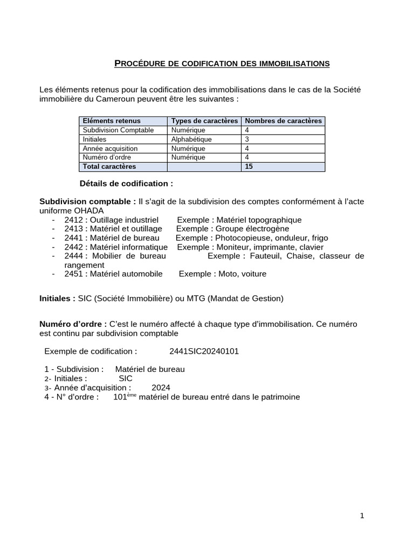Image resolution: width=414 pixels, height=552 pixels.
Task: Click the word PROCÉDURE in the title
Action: click(x=140, y=64)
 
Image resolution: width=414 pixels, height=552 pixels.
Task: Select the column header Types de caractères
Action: click(x=204, y=121)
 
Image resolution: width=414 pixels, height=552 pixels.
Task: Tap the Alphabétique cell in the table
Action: click(x=191, y=139)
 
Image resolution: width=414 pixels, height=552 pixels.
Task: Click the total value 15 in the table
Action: click(x=249, y=167)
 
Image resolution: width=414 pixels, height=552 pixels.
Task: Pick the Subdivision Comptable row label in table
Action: click(x=118, y=130)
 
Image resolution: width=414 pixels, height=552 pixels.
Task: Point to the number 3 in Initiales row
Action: click(x=247, y=139)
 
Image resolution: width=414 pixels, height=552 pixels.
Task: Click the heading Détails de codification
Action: click(x=126, y=183)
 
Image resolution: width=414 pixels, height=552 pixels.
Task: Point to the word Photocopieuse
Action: click(x=239, y=238)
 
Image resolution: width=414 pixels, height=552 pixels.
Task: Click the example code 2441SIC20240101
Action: click(x=204, y=351)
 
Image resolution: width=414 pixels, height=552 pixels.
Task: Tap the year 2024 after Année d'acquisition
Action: click(x=161, y=388)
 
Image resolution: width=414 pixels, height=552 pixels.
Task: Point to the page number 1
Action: click(x=362, y=516)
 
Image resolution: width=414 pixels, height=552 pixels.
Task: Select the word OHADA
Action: click(x=86, y=210)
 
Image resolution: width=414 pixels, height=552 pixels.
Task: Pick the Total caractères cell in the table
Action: click(x=109, y=167)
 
